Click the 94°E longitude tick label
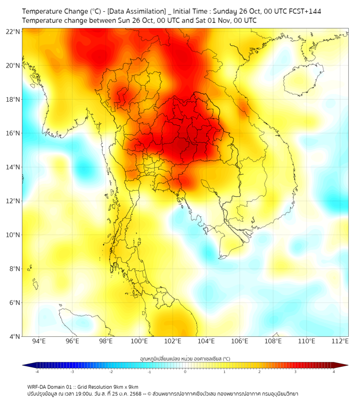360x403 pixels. pyautogui.click(x=39, y=341)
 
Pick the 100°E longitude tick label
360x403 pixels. pyautogui.click(x=139, y=341)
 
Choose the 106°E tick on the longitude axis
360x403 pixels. pyautogui.click(x=240, y=341)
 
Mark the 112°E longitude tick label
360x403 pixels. pyautogui.click(x=340, y=341)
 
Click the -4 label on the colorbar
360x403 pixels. pyautogui.click(x=37, y=372)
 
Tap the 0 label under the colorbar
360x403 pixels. pyautogui.click(x=185, y=372)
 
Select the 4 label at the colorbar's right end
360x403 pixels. pyautogui.click(x=333, y=372)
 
